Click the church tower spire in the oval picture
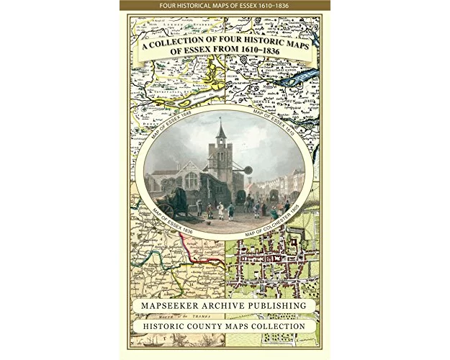click(x=221, y=132)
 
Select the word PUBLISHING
click(x=282, y=306)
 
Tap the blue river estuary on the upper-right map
click(x=299, y=78)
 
